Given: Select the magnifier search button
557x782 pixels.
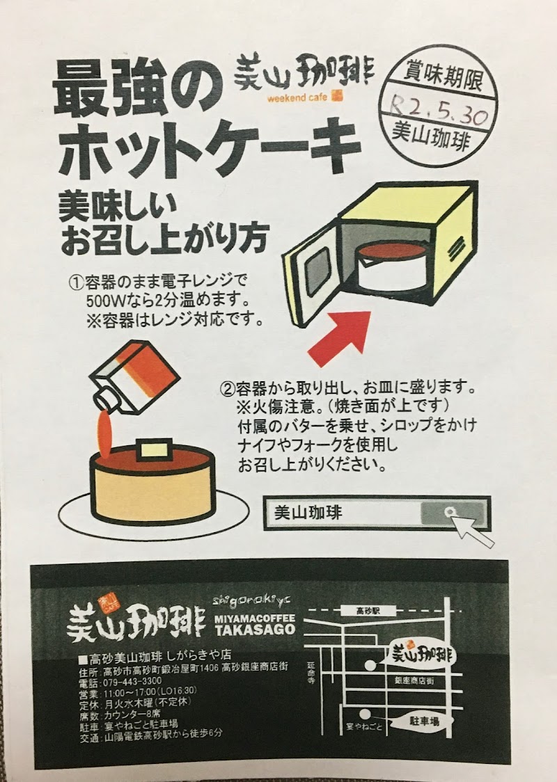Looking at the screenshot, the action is [452, 513].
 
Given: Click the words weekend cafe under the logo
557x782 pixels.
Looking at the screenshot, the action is [297, 97].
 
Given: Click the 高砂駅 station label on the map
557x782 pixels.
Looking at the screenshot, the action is [369, 610].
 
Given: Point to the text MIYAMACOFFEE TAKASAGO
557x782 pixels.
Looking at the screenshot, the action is [255, 624].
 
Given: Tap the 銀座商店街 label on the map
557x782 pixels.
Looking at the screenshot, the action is [414, 680].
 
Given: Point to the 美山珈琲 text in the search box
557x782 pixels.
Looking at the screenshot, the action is [308, 513].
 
